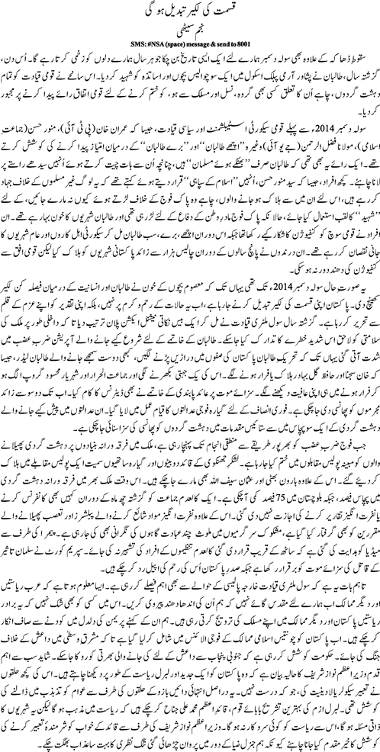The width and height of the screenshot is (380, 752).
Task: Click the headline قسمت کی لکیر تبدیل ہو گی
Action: tap(189, 13)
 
